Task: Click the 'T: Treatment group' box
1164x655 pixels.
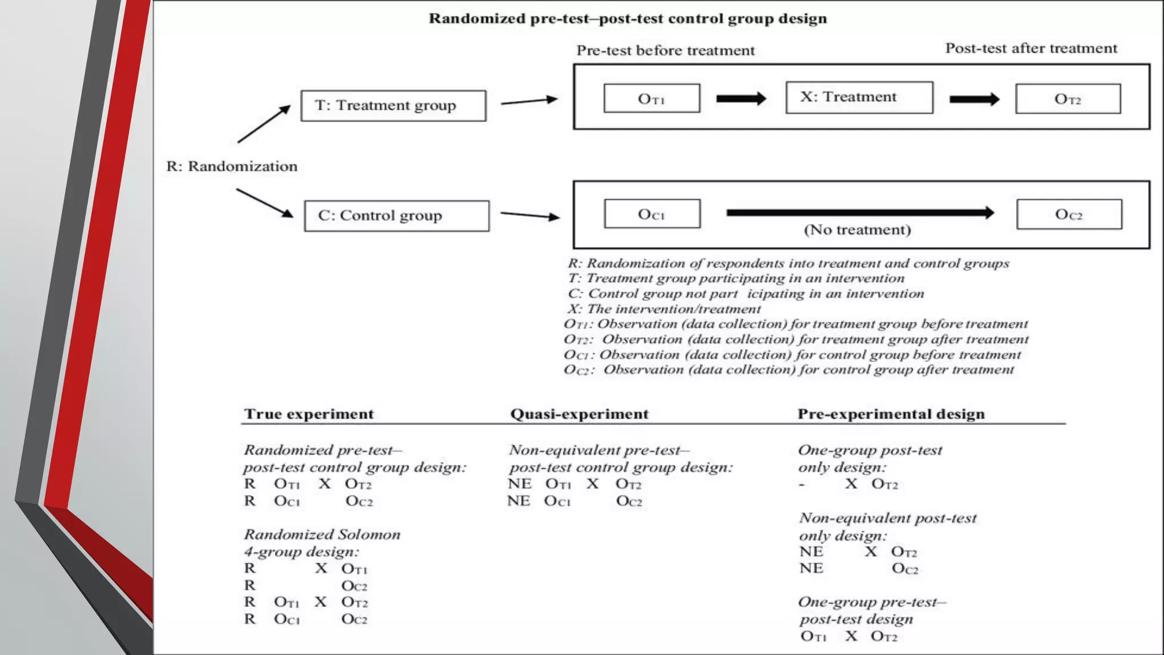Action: tap(393, 106)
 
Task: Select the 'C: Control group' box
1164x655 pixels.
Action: tap(397, 216)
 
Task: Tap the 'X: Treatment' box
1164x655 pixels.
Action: tap(859, 98)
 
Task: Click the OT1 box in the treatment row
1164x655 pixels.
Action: tap(651, 99)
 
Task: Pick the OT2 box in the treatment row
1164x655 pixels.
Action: tap(1068, 99)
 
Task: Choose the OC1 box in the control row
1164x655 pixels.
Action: tap(652, 214)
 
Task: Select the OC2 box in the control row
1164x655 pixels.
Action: tap(1069, 214)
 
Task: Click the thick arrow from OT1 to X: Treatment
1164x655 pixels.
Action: tap(741, 99)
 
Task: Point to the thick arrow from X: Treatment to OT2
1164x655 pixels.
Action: tap(974, 100)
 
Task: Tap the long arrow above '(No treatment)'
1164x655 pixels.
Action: tap(859, 213)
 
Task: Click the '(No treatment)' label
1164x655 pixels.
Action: tap(857, 230)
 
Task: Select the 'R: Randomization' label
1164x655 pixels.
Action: tap(232, 167)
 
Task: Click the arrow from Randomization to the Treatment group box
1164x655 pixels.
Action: tap(264, 124)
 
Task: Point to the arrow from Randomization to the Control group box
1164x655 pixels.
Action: tap(264, 203)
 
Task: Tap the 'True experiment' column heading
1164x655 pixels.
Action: tap(309, 414)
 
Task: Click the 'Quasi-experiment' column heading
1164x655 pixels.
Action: tap(579, 414)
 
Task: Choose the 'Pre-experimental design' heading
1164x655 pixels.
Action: tap(891, 414)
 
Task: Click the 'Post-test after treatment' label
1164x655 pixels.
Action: tap(1031, 48)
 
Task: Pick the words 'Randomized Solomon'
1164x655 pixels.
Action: tap(322, 534)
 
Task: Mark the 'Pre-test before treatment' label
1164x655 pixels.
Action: tap(666, 51)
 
